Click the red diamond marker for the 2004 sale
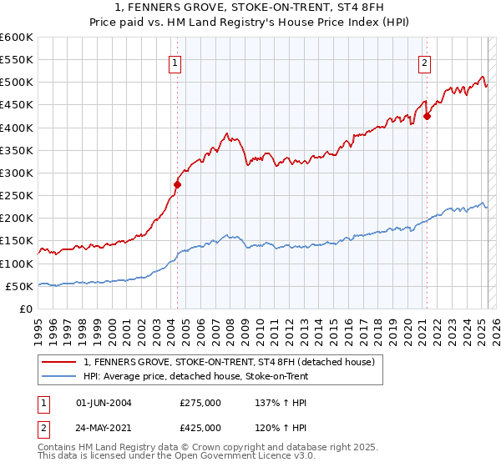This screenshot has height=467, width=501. click(x=177, y=184)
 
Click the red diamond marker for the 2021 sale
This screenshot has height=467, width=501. click(x=427, y=116)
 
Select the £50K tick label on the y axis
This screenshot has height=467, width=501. click(x=20, y=286)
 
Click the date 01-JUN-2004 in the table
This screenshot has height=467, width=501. click(x=104, y=402)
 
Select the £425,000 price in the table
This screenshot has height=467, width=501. click(x=200, y=427)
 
